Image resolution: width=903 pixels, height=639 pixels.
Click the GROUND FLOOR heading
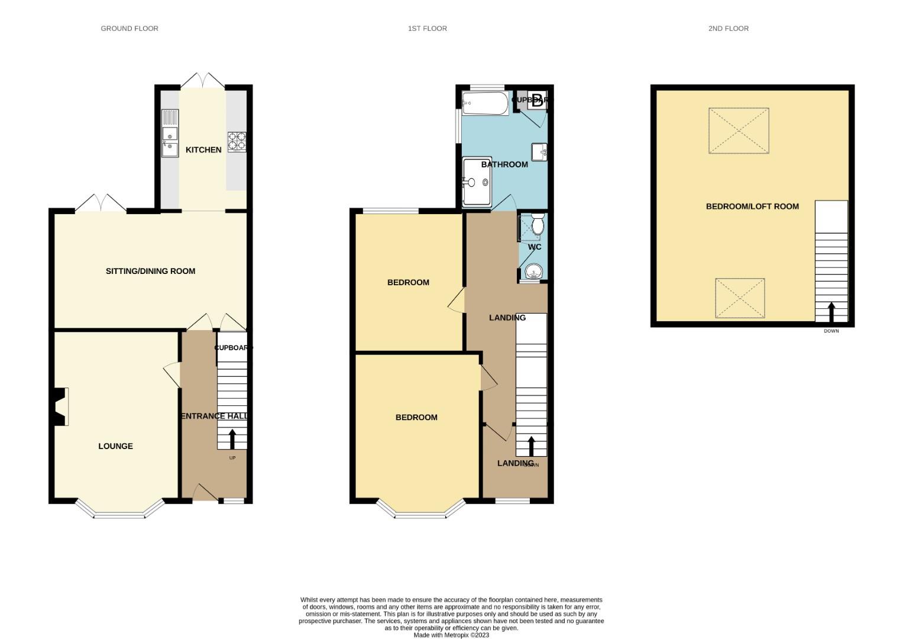coord(130,28)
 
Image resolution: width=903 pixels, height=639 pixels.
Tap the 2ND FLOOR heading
coord(728,28)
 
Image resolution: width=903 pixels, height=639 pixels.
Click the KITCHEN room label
coord(203,150)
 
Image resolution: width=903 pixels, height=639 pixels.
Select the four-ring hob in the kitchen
coord(237,141)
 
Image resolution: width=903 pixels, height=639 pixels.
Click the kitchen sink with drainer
coord(170,134)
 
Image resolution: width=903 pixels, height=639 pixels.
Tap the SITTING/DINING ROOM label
coord(150,271)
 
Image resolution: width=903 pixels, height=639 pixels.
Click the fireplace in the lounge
coord(60,406)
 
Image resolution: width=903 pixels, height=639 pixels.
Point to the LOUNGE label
coord(115,446)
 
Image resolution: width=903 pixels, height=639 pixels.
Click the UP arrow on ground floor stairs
coord(232,439)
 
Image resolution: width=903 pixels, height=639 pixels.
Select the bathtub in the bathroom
coord(485,104)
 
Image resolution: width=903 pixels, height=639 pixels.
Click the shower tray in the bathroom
coord(477,182)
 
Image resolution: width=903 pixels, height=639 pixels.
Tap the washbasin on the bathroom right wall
coord(539,152)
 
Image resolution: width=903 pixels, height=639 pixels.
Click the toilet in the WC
coord(538,224)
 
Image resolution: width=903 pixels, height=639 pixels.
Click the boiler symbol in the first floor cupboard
coord(538,100)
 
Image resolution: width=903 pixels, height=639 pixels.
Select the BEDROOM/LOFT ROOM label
coord(752,206)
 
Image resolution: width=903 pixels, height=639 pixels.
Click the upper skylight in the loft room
coord(739,131)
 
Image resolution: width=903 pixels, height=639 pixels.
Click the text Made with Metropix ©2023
coord(451,635)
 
